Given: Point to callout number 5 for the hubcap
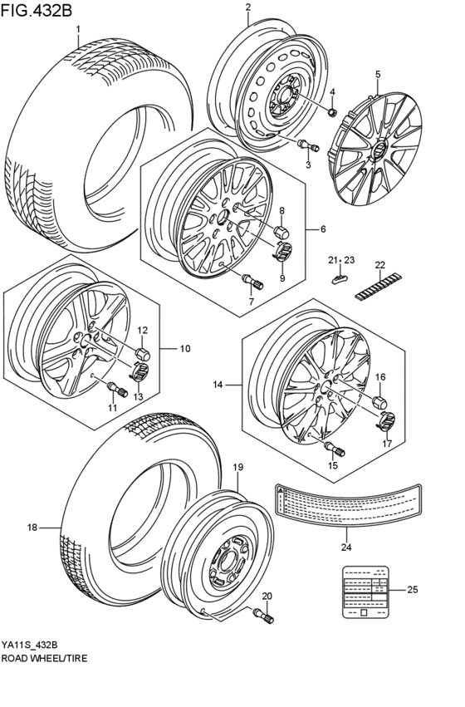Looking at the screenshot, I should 377,74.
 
